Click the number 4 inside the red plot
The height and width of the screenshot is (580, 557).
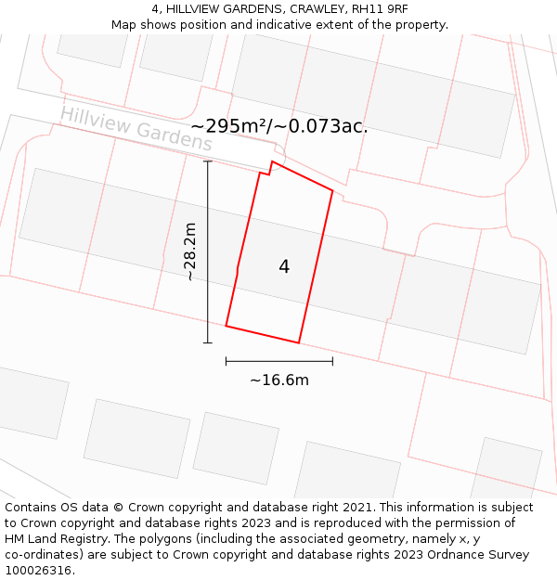(x=284, y=267)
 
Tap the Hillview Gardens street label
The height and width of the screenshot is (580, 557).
(x=136, y=129)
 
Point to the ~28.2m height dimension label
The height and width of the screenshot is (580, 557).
(x=189, y=251)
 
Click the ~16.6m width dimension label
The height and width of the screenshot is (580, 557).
(x=279, y=380)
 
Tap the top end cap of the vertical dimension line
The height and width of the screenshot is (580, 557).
(x=208, y=161)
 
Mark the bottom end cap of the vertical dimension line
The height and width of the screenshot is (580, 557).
(x=208, y=342)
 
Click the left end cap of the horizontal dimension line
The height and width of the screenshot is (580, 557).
(x=227, y=361)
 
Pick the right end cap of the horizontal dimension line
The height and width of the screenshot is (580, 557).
(x=332, y=361)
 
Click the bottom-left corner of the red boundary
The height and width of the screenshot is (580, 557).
(x=227, y=326)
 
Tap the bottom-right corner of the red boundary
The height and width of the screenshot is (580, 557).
(x=299, y=342)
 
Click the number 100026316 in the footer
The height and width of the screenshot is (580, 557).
(x=39, y=571)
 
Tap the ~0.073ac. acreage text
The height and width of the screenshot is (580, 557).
(x=324, y=126)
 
